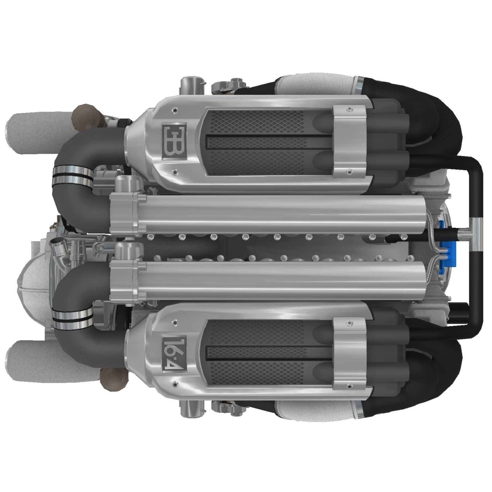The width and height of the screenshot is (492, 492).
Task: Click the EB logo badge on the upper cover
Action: click(x=174, y=141)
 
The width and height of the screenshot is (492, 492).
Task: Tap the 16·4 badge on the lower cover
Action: click(x=174, y=351)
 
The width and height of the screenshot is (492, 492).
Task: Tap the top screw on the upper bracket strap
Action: click(x=349, y=109)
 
